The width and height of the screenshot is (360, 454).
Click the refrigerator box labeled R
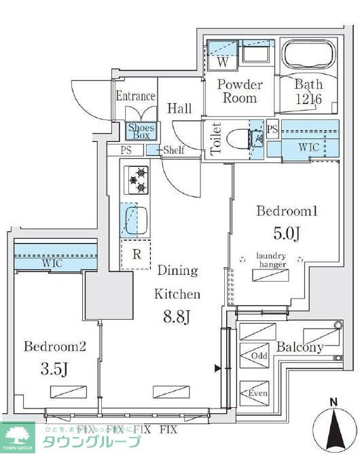[x=136, y=254]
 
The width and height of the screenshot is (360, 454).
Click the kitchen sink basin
[x=136, y=220]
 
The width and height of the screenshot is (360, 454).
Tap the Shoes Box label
[x=141, y=130]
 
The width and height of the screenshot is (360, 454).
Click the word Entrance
[x=135, y=96]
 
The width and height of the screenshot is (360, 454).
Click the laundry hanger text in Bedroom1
[x=271, y=260]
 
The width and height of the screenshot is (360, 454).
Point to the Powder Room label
[x=239, y=92]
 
